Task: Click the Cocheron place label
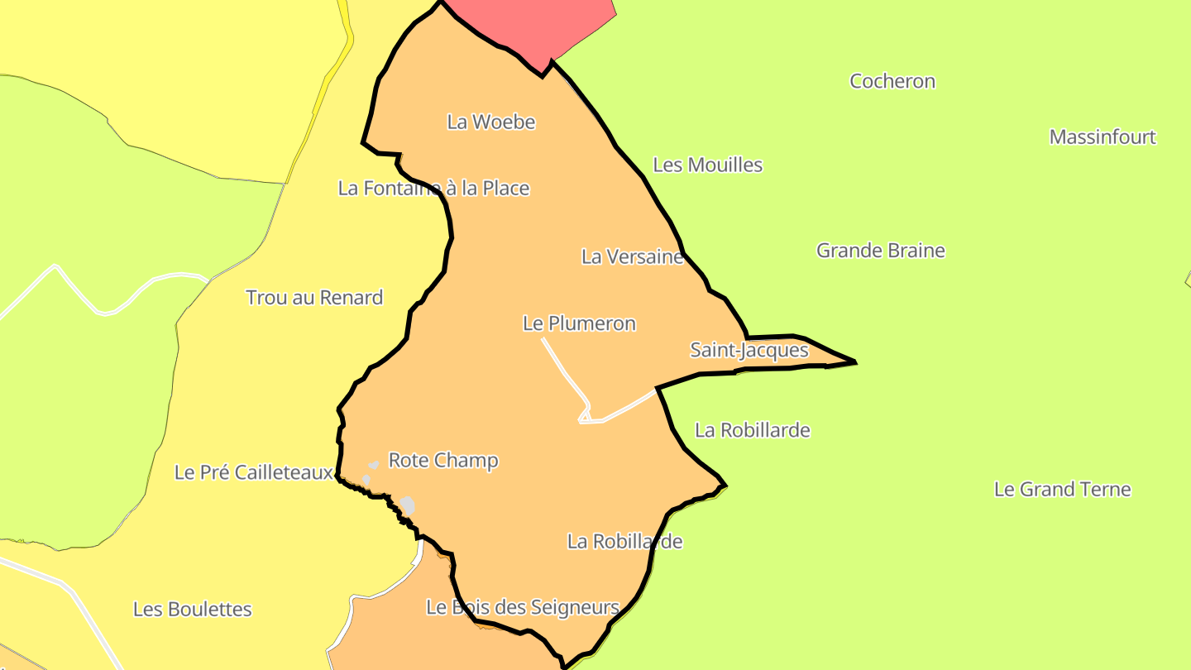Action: click(x=892, y=81)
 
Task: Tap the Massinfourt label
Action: click(x=1103, y=136)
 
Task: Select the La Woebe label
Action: click(x=491, y=122)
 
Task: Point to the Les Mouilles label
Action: click(x=708, y=165)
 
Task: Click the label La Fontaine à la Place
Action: click(x=433, y=188)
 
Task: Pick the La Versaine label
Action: click(x=633, y=256)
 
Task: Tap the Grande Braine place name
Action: click(x=881, y=251)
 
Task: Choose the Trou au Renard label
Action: click(x=314, y=298)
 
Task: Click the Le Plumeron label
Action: click(x=579, y=323)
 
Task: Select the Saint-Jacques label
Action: click(x=749, y=350)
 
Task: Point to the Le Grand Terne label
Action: click(x=1062, y=489)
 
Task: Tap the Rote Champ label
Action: click(x=443, y=460)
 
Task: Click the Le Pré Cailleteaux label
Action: click(x=254, y=472)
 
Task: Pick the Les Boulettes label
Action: click(x=193, y=610)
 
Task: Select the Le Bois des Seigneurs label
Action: click(x=523, y=607)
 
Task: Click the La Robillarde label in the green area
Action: click(x=753, y=430)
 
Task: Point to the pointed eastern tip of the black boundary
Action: click(x=854, y=361)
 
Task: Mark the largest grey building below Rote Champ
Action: click(x=408, y=505)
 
